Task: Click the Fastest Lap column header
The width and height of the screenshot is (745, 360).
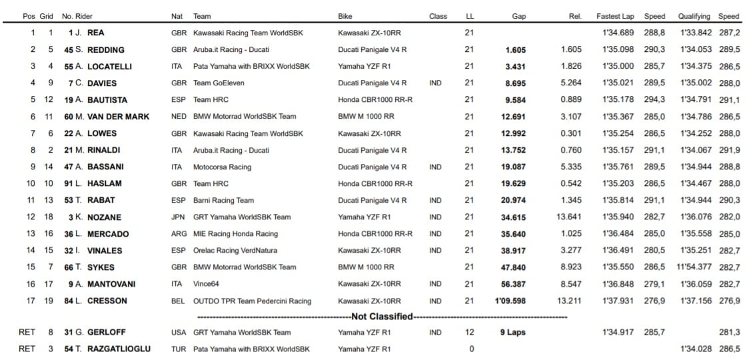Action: pos(615,16)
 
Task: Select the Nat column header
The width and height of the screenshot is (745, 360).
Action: pos(177,16)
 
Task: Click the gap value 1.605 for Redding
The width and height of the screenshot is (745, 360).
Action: pos(515,49)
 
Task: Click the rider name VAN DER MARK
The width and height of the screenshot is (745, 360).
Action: pos(117,117)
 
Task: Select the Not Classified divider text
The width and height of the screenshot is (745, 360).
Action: pos(382,317)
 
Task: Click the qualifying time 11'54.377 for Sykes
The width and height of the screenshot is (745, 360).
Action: pos(694,267)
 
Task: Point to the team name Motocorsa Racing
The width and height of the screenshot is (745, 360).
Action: pos(222,167)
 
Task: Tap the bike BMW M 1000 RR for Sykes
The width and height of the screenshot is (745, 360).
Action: pos(366,267)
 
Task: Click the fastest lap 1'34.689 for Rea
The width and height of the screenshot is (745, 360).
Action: pos(614,33)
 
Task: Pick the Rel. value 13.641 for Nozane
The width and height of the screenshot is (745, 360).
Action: pos(568,217)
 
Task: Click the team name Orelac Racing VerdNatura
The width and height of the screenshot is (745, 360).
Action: pos(235,251)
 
